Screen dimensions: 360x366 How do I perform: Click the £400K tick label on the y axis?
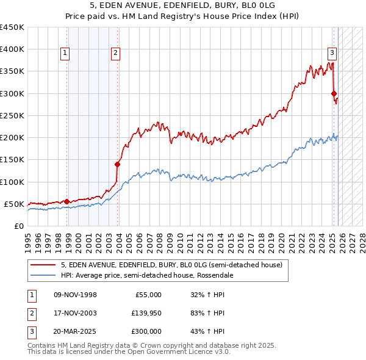[x=12, y=49]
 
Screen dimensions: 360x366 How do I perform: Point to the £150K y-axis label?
[x=12, y=160]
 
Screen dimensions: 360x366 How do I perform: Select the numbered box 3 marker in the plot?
[x=332, y=52]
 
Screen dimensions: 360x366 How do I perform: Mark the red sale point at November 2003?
[x=118, y=164]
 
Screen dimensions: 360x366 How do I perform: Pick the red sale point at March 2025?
[x=334, y=93]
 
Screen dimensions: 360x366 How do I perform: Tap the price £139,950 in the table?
[x=146, y=313]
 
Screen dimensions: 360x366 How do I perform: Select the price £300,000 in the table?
[x=146, y=331]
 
